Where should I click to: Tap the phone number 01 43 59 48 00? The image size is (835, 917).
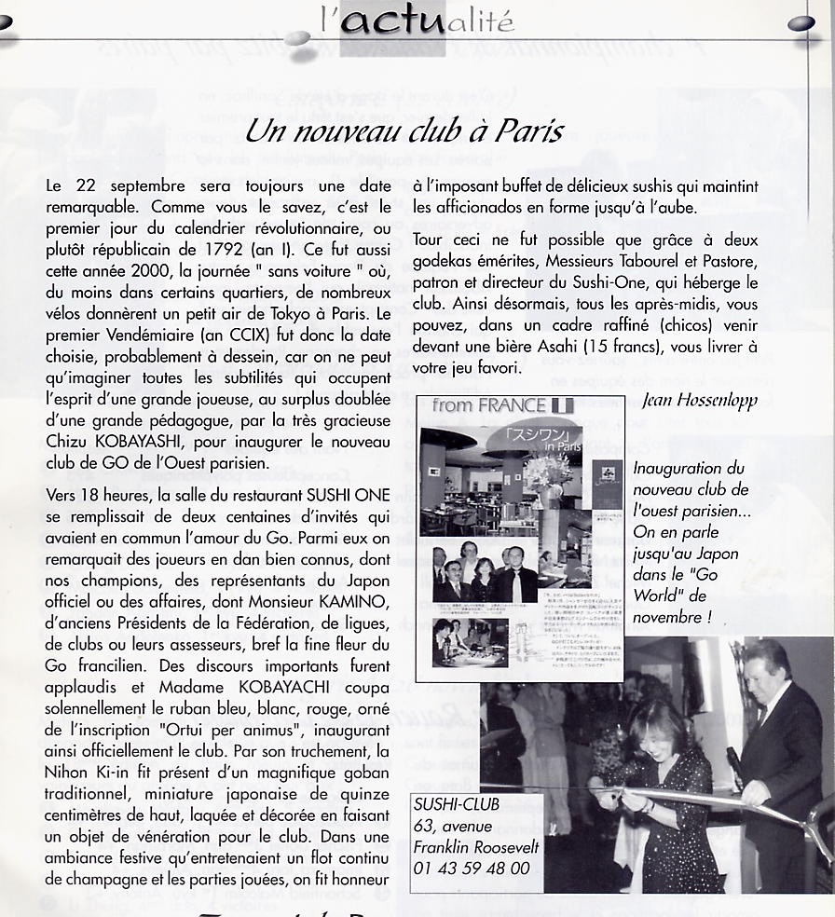tap(471, 868)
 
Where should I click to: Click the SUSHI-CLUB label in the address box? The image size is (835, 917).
tap(457, 803)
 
